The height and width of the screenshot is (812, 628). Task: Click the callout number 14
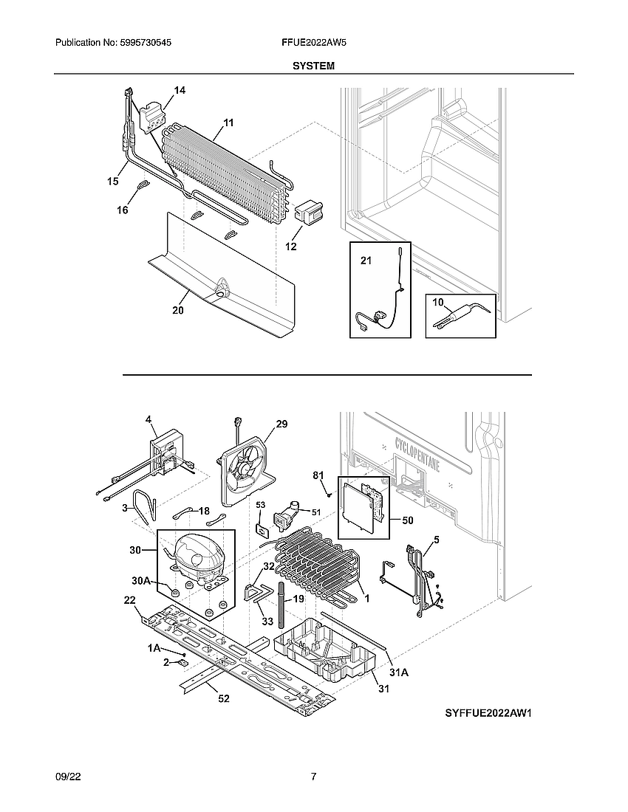point(180,90)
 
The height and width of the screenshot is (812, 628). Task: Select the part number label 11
point(228,123)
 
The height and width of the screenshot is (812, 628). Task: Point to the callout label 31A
point(398,672)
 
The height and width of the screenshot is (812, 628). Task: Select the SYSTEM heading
point(313,66)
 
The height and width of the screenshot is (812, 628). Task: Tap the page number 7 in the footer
point(313,777)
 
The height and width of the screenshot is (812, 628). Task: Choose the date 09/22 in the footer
point(67,777)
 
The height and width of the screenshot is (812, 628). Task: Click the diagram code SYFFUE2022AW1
point(488,713)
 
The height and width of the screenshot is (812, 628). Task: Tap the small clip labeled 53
point(262,529)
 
